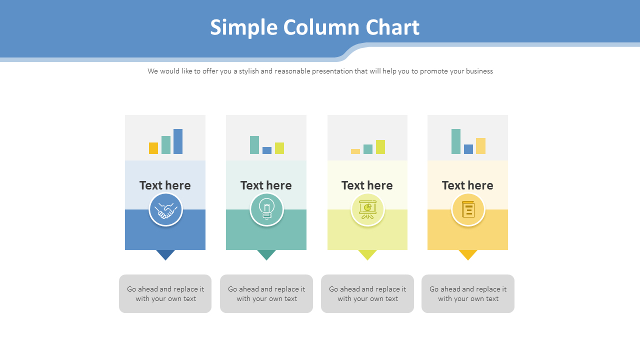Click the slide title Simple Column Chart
[314, 27]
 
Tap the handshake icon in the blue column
[165, 209]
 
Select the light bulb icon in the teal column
[266, 209]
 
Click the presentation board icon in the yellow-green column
[367, 209]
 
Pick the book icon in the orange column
[468, 209]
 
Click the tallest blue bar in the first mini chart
[178, 141]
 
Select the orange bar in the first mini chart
[153, 148]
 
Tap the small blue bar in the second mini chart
[267, 150]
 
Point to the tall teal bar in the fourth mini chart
[456, 141]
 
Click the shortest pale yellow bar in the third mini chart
[355, 151]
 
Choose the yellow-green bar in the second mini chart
[279, 148]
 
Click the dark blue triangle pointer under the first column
[165, 254]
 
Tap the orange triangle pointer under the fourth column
[468, 254]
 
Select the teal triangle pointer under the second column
[266, 254]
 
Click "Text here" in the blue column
[165, 185]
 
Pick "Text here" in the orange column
[467, 185]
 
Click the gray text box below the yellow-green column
[367, 293]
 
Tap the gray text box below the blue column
[165, 293]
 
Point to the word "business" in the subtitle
[479, 71]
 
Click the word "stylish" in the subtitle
[248, 71]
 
